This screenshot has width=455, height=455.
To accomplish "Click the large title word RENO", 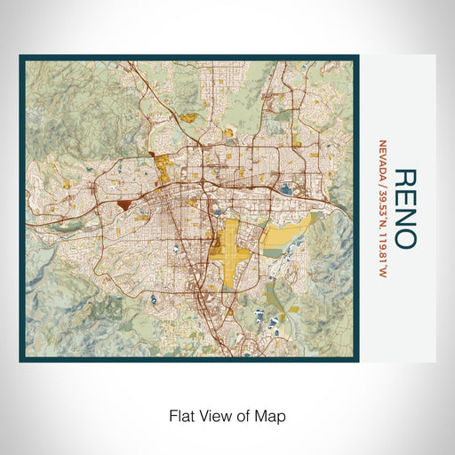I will (x=403, y=208).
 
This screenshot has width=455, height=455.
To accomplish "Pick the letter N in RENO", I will (x=403, y=217).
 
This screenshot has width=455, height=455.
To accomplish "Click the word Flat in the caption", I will (x=178, y=414).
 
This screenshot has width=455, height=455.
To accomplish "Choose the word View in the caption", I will (x=211, y=414).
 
